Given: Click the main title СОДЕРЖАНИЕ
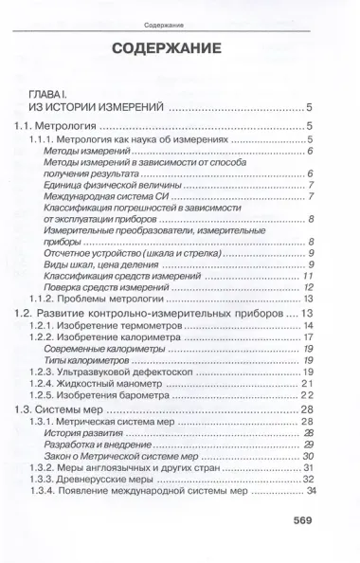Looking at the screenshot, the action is click(180, 48).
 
